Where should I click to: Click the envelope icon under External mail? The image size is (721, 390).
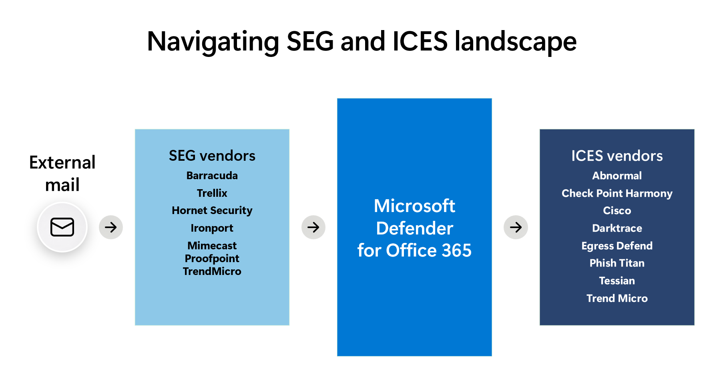(62, 227)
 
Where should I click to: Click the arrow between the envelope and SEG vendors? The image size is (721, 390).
(111, 227)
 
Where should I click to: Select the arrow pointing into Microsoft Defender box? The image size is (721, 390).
(313, 227)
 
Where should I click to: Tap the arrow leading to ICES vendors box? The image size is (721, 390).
(516, 227)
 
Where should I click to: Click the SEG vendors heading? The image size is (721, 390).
(212, 156)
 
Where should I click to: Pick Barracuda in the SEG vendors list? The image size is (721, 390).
(212, 176)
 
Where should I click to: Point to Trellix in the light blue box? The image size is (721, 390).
(212, 193)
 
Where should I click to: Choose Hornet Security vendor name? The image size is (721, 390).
(212, 210)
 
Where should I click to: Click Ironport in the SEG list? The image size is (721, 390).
(212, 228)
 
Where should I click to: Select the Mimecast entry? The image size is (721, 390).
(212, 245)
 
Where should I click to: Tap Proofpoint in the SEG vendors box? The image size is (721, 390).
(212, 259)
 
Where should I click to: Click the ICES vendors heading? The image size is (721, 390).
(617, 156)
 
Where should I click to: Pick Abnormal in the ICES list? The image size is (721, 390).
(617, 176)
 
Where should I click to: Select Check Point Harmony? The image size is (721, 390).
(617, 193)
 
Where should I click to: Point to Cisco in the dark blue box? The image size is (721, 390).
(617, 210)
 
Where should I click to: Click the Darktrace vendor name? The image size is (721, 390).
(617, 228)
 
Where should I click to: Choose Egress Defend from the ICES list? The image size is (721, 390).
(617, 246)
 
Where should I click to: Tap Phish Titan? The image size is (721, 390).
(617, 263)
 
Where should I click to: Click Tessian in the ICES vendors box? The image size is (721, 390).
(617, 281)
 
